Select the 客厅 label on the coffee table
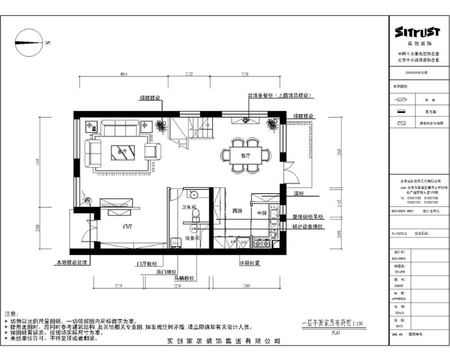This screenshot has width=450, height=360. click(121, 151)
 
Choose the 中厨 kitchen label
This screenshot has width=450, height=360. click(261, 213)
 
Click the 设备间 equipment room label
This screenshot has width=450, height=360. click(193, 238)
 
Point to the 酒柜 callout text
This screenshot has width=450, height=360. click(299, 193)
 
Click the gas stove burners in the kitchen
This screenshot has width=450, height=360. click(260, 243)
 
